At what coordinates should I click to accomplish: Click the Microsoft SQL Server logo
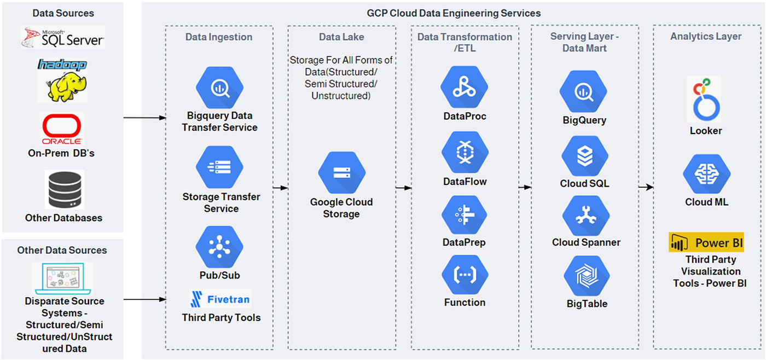click(x=62, y=37)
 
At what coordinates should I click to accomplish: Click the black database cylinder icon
click(x=65, y=190)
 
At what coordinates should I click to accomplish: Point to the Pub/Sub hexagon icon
click(x=219, y=247)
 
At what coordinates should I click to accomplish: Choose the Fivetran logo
click(x=220, y=299)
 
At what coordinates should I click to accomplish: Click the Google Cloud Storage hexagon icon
click(x=341, y=173)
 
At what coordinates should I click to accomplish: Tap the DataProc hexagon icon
click(x=464, y=87)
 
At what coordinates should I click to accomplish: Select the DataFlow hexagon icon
click(x=465, y=152)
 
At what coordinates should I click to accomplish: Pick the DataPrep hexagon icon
click(x=465, y=214)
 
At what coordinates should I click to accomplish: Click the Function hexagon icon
click(x=465, y=275)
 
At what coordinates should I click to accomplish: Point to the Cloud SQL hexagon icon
click(x=585, y=156)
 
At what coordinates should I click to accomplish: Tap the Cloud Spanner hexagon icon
click(x=586, y=216)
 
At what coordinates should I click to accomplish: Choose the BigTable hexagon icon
click(x=587, y=276)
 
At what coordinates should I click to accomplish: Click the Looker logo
click(x=704, y=99)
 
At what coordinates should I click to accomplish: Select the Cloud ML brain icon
click(x=707, y=175)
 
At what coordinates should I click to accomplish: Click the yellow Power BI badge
click(x=706, y=242)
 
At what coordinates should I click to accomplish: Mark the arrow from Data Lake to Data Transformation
click(x=404, y=188)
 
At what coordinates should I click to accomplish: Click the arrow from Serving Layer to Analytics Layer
click(x=646, y=187)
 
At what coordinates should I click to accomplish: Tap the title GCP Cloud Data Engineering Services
click(x=454, y=13)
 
